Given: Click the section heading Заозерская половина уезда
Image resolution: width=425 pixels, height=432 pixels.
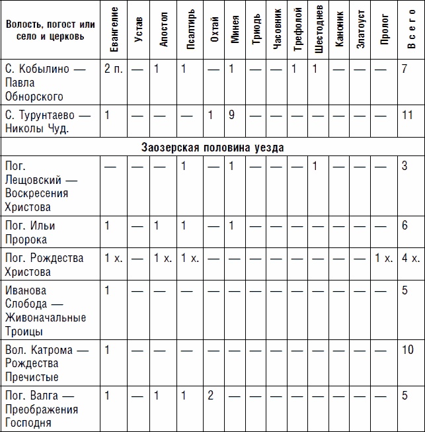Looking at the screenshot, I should (212, 148).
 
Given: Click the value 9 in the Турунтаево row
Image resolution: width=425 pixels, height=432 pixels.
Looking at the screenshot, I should (233, 114).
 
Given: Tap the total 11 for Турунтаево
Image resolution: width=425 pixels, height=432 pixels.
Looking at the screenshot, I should (408, 114).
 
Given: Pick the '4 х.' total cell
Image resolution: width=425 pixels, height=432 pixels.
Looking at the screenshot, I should (410, 258).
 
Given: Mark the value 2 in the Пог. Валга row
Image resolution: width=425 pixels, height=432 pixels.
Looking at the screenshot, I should (210, 396).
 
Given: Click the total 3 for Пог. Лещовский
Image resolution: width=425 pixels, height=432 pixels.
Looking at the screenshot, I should (405, 165).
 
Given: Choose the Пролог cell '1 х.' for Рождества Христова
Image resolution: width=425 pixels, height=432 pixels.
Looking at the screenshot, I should (383, 258).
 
